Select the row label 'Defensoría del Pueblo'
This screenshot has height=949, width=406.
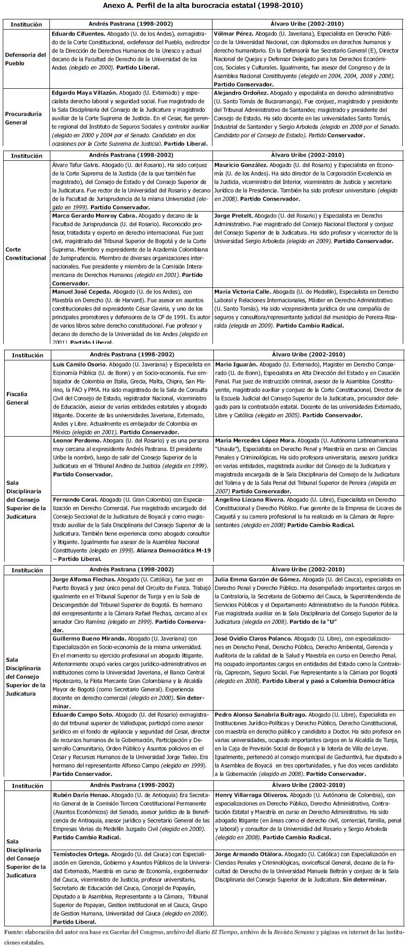pyautogui.click(x=26, y=59)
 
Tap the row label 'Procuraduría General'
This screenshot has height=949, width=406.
pyautogui.click(x=23, y=118)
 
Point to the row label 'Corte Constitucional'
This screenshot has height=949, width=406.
pyautogui.click(x=26, y=254)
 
